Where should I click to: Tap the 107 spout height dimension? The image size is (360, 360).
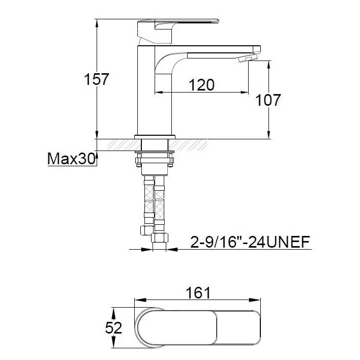click(268, 100)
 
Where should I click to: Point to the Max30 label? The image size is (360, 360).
click(71, 159)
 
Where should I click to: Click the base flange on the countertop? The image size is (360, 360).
click(155, 137)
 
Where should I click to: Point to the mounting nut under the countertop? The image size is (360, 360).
click(155, 162)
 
